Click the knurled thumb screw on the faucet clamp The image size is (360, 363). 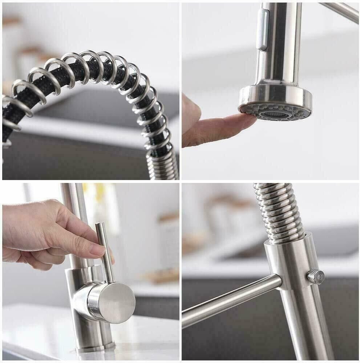(x=315, y=277)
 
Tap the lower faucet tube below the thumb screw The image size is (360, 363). (x=305, y=327)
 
